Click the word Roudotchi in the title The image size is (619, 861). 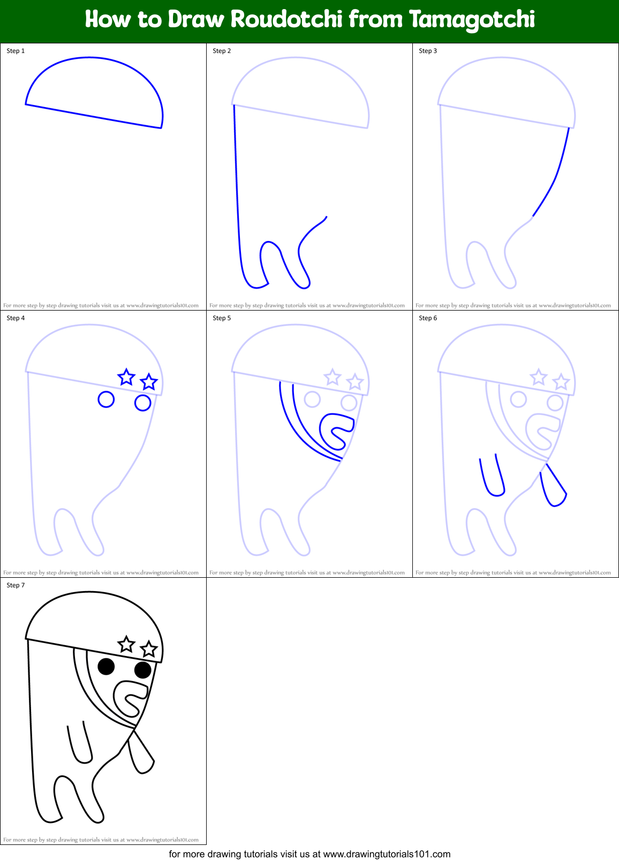[286, 20]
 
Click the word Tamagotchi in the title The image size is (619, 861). [472, 20]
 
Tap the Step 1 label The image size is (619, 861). [16, 51]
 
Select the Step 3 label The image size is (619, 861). [428, 51]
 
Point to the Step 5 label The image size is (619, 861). [222, 318]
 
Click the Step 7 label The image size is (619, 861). [16, 585]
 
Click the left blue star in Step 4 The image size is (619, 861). [126, 377]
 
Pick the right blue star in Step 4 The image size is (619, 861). [149, 382]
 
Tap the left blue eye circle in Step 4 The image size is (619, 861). [106, 399]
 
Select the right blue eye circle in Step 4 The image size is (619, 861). [142, 403]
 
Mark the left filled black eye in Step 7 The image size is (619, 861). [106, 667]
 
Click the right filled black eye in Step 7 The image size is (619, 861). [142, 670]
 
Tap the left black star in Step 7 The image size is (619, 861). [126, 645]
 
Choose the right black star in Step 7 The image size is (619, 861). [149, 649]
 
